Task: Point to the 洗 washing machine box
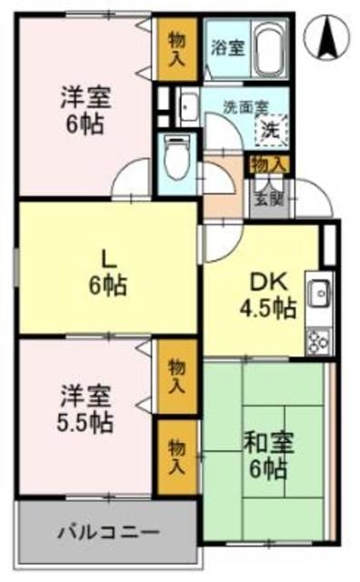click(270, 128)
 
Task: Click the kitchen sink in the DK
click(320, 293)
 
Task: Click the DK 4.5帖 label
click(266, 296)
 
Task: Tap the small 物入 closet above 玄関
click(268, 165)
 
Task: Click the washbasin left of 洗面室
click(189, 108)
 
